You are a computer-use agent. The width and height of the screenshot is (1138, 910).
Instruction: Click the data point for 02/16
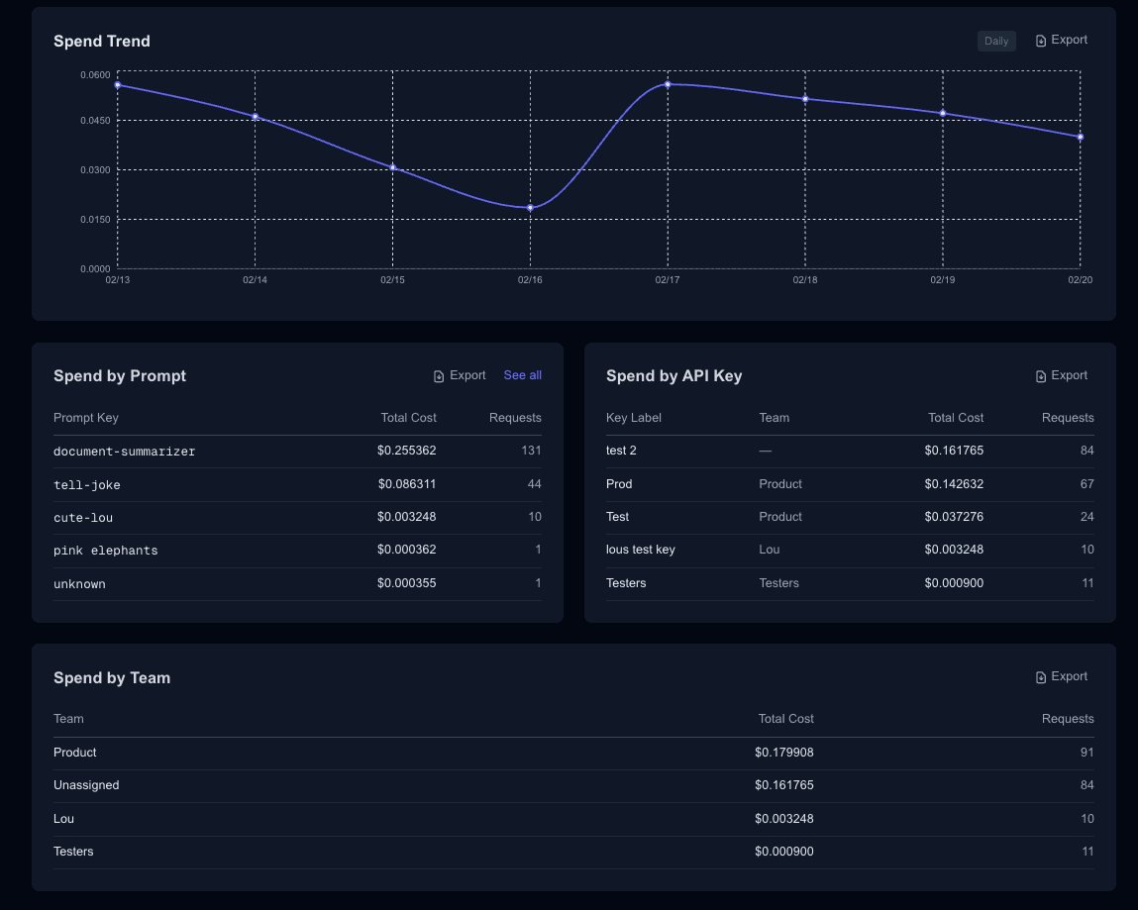[531, 208]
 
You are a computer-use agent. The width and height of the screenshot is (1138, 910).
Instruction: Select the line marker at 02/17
[668, 84]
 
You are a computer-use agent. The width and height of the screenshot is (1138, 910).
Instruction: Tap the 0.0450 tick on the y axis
[95, 121]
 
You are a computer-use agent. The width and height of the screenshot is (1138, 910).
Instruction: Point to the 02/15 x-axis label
[392, 280]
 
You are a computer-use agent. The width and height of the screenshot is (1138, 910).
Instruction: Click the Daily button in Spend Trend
[995, 41]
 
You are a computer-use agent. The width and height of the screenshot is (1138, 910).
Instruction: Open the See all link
[522, 375]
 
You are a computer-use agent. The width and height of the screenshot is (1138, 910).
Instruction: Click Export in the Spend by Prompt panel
[460, 375]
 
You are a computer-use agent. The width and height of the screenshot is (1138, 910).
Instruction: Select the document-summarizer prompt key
[124, 452]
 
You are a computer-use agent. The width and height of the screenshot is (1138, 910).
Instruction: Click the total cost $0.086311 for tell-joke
[406, 484]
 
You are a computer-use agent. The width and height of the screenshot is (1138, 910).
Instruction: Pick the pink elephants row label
[105, 551]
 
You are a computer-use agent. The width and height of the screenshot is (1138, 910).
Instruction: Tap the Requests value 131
[531, 451]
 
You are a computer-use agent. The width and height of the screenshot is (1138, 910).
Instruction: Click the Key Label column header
[633, 418]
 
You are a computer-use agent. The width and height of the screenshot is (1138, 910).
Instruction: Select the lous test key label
[640, 550]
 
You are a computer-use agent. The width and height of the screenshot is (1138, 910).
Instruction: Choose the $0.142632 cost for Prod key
[954, 484]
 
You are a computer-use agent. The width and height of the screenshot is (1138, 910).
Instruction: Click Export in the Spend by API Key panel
[1061, 375]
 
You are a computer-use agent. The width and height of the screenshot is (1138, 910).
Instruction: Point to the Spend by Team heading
[112, 677]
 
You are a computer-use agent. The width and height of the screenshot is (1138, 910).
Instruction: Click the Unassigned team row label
[86, 785]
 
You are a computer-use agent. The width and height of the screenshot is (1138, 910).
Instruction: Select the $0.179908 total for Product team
[783, 753]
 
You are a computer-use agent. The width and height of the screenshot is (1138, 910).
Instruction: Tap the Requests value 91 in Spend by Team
[1086, 753]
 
